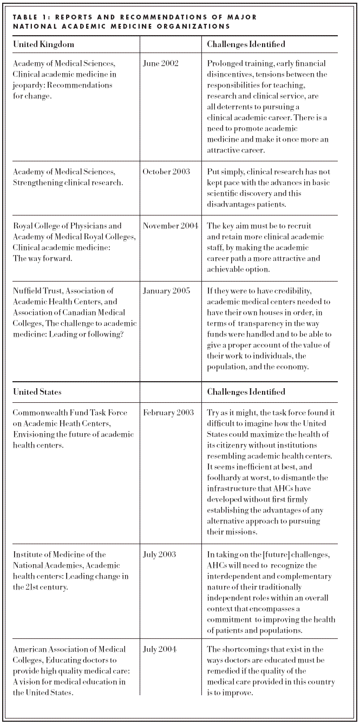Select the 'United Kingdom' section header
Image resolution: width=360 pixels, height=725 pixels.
click(x=43, y=44)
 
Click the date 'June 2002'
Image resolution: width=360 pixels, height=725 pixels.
click(x=160, y=63)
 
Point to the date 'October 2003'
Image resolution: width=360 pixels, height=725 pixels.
click(x=166, y=172)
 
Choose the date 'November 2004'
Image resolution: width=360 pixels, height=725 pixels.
click(x=171, y=226)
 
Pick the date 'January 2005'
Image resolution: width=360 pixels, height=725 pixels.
click(x=166, y=291)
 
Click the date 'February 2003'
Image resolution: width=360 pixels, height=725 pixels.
click(x=168, y=413)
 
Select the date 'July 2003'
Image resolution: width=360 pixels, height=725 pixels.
click(x=159, y=554)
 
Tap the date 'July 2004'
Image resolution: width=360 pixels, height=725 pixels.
click(x=159, y=649)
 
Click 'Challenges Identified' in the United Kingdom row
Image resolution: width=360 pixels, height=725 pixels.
click(x=246, y=44)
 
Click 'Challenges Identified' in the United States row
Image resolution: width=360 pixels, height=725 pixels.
click(x=246, y=391)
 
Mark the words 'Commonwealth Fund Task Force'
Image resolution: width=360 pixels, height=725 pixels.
click(x=70, y=413)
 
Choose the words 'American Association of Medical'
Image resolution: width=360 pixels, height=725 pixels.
click(x=69, y=649)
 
